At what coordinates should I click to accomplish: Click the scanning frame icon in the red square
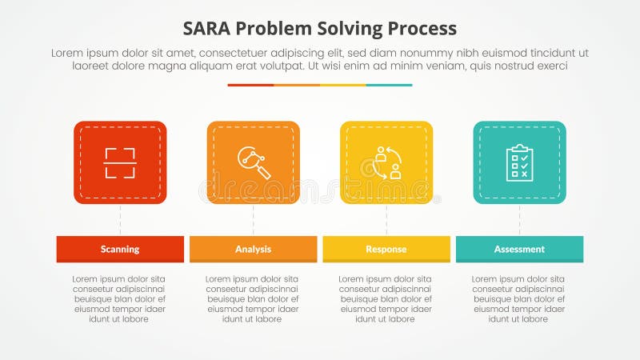pos(120,162)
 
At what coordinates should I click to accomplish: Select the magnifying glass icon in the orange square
pos(254,162)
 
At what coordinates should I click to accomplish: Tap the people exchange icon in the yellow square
pos(386,162)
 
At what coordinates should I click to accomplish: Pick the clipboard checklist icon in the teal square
pos(519,162)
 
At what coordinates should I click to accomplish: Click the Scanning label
pos(120,249)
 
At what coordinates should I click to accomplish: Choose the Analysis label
pos(253,249)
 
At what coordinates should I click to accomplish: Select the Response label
pos(386,249)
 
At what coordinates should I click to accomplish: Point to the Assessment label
pos(519,249)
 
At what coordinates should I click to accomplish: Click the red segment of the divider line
pos(250,85)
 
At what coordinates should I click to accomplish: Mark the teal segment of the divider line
pos(390,85)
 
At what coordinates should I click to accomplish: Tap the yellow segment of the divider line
pos(343,85)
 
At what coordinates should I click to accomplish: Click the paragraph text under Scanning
pos(120,298)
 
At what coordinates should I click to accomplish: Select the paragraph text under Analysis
pos(253,298)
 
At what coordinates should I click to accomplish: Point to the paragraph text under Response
pos(386,298)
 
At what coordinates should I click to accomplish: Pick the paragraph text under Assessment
pos(519,298)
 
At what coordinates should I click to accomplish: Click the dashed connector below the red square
pos(120,219)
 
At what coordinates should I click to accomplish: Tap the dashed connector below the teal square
pos(519,219)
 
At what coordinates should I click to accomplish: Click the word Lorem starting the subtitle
pos(68,52)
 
